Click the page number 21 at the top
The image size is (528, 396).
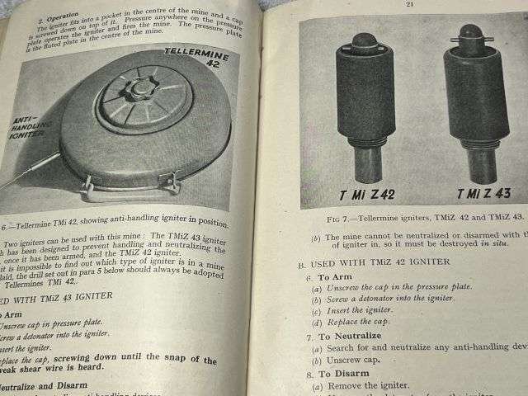(x=409, y=4)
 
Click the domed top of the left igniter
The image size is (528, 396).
(x=364, y=40)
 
